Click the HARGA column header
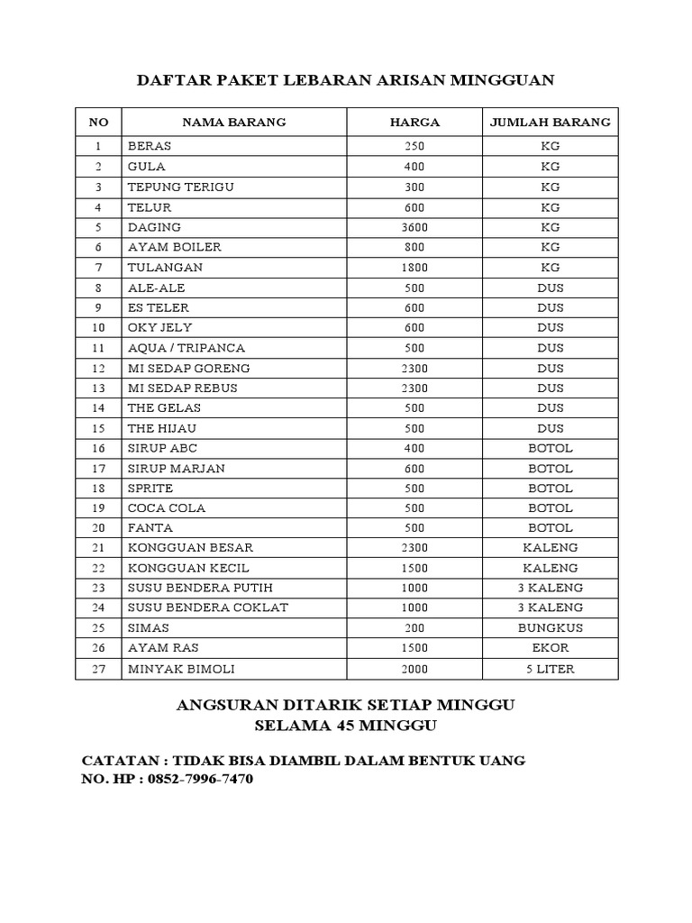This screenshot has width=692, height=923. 414,122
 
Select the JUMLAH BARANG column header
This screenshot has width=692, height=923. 550,122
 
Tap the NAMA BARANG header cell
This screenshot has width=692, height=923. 234,122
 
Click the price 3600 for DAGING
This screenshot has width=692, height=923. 414,227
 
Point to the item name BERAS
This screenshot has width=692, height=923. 150,146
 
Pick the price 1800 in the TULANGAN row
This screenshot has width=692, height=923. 414,268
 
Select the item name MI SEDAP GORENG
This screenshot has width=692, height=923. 189,368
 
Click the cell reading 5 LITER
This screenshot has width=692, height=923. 550,669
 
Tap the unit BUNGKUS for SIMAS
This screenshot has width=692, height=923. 550,628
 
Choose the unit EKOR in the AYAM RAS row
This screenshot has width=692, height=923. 550,648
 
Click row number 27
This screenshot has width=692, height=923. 99,669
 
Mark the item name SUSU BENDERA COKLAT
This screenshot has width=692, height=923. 208,608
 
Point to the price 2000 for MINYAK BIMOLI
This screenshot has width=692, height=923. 414,669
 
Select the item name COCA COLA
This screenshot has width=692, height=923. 167,507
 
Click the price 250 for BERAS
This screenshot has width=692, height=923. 414,146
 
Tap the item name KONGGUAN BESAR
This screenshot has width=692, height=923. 191,548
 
